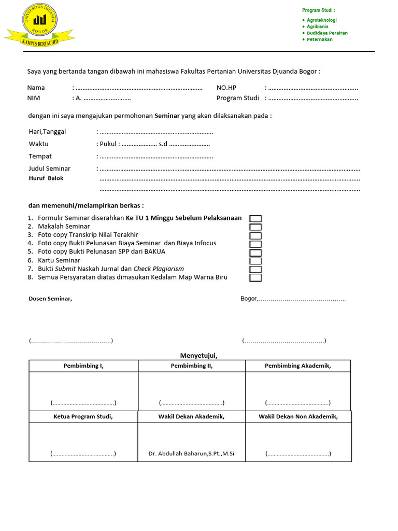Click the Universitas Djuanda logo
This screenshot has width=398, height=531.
pyautogui.click(x=40, y=24)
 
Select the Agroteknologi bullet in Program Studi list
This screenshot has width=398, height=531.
pyautogui.click(x=321, y=20)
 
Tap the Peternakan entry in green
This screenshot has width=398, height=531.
pyautogui.click(x=319, y=39)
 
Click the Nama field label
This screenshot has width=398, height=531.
pyautogui.click(x=36, y=88)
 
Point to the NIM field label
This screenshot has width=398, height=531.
pyautogui.click(x=34, y=98)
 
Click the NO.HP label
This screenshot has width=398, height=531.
pyautogui.click(x=226, y=88)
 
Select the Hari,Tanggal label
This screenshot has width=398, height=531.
pyautogui.click(x=47, y=132)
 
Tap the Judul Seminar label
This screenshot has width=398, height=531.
pyautogui.click(x=49, y=169)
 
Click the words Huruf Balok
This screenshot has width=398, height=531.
pyautogui.click(x=46, y=178)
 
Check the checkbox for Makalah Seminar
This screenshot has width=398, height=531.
pyautogui.click(x=255, y=227)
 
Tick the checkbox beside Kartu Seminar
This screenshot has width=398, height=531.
pyautogui.click(x=255, y=261)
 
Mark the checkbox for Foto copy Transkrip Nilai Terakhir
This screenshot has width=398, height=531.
pyautogui.click(x=255, y=235)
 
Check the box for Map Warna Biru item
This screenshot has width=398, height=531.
pyautogui.click(x=255, y=278)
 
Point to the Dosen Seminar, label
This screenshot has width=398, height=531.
pyautogui.click(x=50, y=299)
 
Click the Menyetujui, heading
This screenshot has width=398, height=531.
pyautogui.click(x=198, y=355)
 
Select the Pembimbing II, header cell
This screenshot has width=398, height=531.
pyautogui.click(x=192, y=366)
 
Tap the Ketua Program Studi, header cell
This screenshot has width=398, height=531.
pyautogui.click(x=83, y=416)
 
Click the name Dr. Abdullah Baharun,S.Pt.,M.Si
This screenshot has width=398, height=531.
pyautogui.click(x=191, y=454)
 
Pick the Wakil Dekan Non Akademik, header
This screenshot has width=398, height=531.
pyautogui.click(x=298, y=416)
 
